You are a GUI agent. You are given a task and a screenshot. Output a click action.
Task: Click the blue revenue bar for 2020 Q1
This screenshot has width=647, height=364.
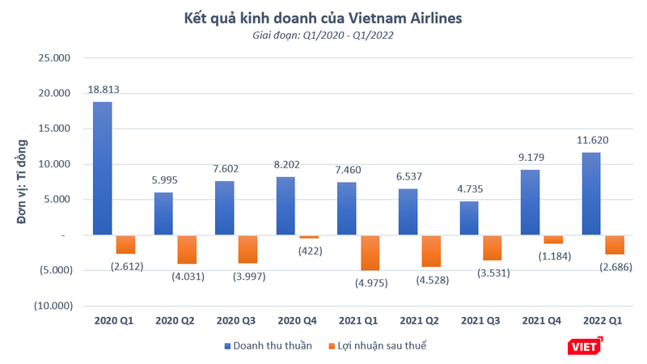pos(102,168)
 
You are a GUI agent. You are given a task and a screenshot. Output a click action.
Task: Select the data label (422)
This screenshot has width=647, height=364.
pos(309,250)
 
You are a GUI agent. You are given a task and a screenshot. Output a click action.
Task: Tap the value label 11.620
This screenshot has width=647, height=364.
pos(594,140)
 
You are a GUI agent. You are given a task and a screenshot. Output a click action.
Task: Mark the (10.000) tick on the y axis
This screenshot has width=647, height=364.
pos(52,306)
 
